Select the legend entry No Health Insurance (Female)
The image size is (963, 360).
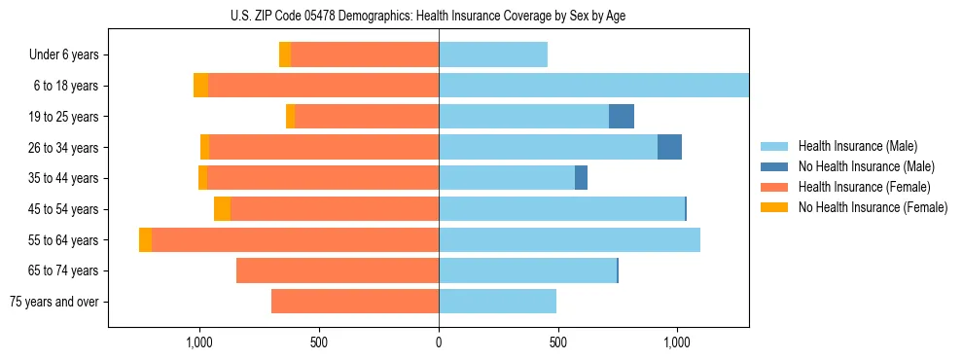point(872,207)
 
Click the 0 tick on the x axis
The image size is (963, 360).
point(439,342)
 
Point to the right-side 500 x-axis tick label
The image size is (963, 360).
point(558,342)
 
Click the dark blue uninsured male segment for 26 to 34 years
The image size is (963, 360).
point(669,147)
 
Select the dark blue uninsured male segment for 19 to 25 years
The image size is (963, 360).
point(622,117)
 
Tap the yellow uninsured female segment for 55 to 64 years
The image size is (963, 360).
point(145,240)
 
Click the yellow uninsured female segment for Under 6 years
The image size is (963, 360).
point(285,55)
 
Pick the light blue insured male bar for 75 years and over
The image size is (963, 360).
point(497,302)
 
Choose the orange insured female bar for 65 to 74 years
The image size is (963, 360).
point(338,270)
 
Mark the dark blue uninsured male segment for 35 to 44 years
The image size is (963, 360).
point(581,178)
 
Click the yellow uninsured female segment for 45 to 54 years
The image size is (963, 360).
point(222,209)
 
